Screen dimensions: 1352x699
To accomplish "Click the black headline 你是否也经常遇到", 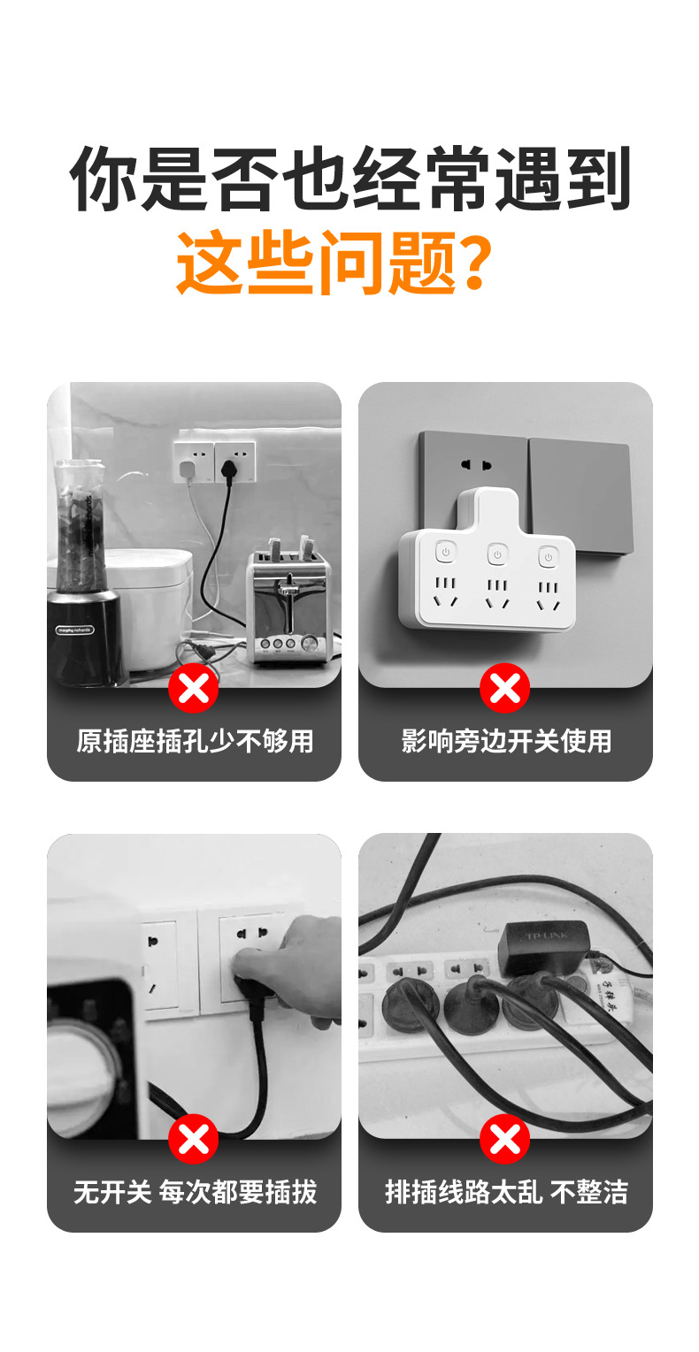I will coord(349,180).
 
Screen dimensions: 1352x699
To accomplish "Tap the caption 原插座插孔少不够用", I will coord(195,741).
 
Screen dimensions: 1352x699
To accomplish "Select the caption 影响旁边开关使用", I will coord(506,741).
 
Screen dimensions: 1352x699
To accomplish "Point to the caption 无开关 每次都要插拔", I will coord(195,1191).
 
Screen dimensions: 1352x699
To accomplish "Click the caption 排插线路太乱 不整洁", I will coord(506,1191).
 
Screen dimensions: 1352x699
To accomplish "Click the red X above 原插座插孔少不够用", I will coord(194,688).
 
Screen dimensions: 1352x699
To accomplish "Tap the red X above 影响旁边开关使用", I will coord(505,688).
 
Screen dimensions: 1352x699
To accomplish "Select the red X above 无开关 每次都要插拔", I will coord(194,1139).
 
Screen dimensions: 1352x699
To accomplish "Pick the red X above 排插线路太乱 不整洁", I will coord(505,1139).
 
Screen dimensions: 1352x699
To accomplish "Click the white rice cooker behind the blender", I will coord(155,601).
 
